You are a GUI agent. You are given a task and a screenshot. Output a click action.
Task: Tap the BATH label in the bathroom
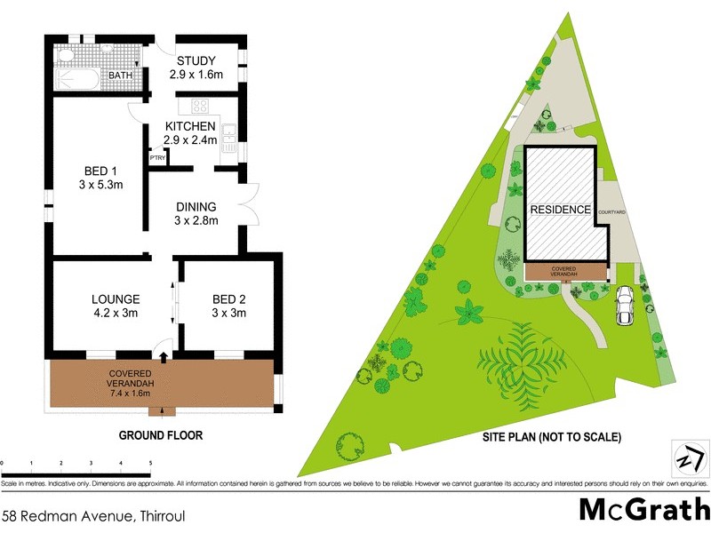120,76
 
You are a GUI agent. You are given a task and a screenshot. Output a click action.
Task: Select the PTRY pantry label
157,158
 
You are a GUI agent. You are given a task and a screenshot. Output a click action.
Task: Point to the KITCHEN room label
190,127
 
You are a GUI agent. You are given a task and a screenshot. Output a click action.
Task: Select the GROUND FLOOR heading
161,436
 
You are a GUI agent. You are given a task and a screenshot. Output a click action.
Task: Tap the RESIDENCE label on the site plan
560,210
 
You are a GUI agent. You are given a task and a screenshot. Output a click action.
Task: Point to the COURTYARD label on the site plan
614,211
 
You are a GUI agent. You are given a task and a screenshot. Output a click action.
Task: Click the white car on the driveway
624,305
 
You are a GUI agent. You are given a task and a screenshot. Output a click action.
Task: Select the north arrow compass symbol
689,459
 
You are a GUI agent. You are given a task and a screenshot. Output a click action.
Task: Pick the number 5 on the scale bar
150,464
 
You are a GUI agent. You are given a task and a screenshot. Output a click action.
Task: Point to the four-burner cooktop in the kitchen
200,107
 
